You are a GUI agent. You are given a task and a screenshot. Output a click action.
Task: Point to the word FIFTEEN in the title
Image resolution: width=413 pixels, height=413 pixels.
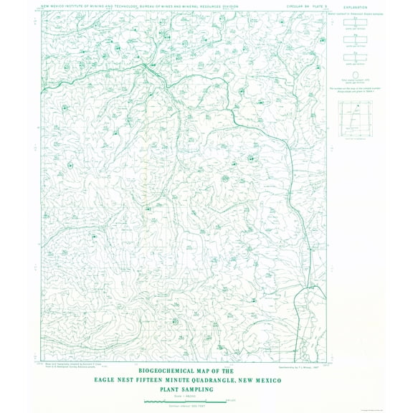[164, 380]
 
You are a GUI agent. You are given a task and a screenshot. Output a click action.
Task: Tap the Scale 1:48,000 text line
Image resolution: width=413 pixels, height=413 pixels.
[185, 396]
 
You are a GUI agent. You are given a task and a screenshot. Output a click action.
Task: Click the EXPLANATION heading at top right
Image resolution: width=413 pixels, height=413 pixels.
[356, 7]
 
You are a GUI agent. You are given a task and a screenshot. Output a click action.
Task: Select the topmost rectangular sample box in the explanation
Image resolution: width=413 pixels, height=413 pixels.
[356, 22]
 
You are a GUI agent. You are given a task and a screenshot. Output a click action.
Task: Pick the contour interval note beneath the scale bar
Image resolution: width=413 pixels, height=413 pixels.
[185, 407]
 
